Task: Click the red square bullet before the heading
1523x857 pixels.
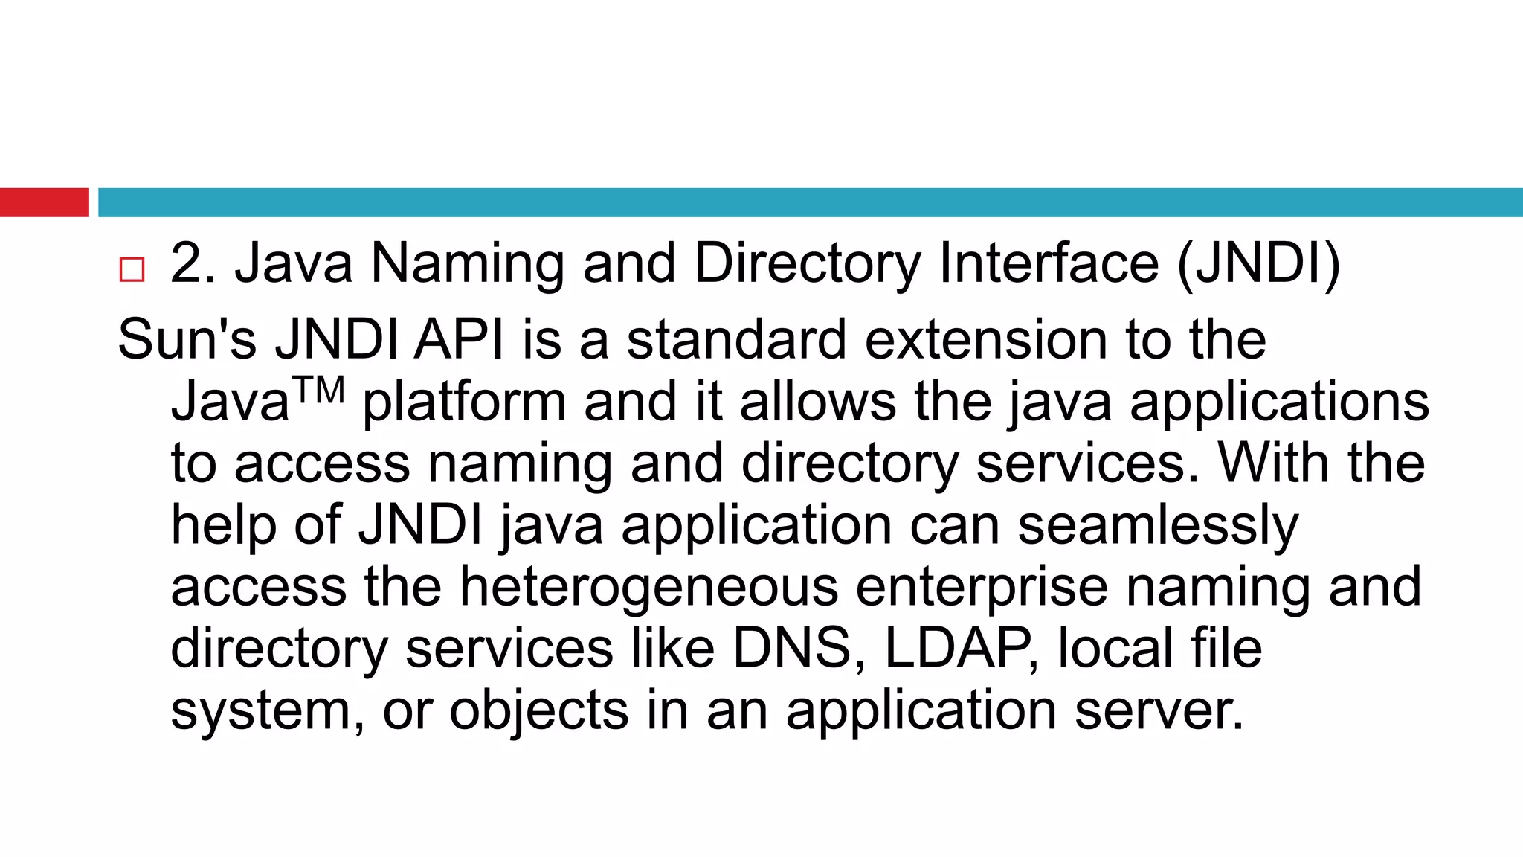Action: tap(132, 269)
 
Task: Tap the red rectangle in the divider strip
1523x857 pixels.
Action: tap(44, 202)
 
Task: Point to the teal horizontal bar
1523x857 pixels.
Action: tap(810, 202)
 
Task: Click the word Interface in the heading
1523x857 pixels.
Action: tap(1049, 263)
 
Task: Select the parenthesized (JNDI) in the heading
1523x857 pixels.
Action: tap(1258, 263)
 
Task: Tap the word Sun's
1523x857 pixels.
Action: tap(187, 340)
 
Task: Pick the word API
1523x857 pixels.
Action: tap(459, 340)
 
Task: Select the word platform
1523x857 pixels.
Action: tap(464, 402)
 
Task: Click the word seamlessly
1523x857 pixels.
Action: tap(1158, 525)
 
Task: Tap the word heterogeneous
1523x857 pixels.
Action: tap(648, 587)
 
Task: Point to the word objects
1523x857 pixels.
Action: tap(539, 710)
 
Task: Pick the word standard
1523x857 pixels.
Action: tap(736, 340)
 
